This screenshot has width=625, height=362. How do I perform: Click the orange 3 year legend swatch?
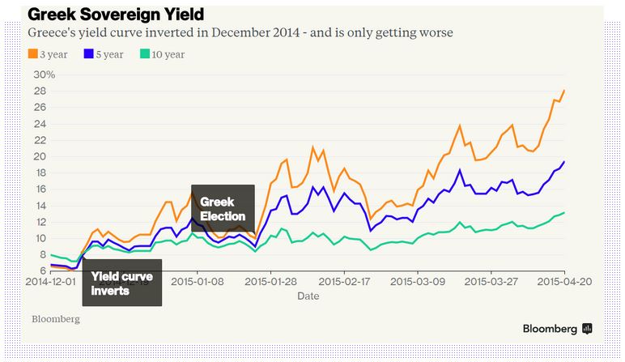click(33, 54)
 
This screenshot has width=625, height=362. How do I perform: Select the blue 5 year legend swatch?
click(87, 54)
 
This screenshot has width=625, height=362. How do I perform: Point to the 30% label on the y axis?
click(44, 75)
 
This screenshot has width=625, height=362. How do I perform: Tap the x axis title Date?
click(308, 296)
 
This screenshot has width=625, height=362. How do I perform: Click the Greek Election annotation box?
click(223, 209)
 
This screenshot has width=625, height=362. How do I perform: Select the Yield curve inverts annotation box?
click(122, 283)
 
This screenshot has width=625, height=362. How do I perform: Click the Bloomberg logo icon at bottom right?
click(588, 329)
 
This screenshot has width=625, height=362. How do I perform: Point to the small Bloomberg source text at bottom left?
click(56, 319)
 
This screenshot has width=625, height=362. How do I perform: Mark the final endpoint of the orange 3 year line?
click(563, 91)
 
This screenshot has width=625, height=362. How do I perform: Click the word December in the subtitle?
click(219, 33)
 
